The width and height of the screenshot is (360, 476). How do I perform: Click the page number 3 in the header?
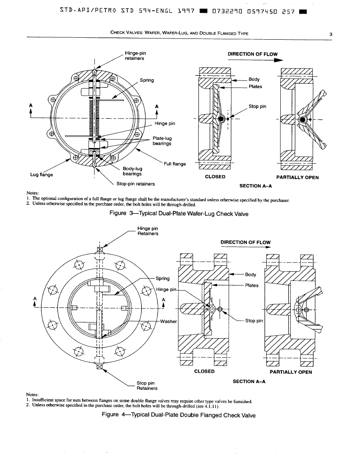click(331, 34)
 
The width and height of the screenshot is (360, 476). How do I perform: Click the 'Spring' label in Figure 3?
click(147, 80)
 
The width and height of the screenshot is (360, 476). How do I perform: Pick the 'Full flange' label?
click(175, 163)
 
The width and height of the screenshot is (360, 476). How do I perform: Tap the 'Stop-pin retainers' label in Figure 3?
click(136, 184)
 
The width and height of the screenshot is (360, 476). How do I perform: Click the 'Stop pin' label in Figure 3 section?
click(257, 107)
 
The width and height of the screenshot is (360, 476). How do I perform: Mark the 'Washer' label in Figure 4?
click(167, 321)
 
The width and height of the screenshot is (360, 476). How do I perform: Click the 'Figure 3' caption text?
click(179, 214)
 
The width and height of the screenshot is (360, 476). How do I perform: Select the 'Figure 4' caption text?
click(179, 415)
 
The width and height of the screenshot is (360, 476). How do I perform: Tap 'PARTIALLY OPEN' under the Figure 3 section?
click(298, 177)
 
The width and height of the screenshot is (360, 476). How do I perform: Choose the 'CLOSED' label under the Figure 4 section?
click(204, 371)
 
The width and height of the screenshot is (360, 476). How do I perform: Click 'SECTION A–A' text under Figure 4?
click(249, 381)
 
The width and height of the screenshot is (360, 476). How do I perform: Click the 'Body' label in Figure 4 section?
click(250, 274)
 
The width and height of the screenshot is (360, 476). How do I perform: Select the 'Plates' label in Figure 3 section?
click(255, 86)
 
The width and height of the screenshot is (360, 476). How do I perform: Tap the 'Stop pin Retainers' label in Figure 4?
click(147, 385)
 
